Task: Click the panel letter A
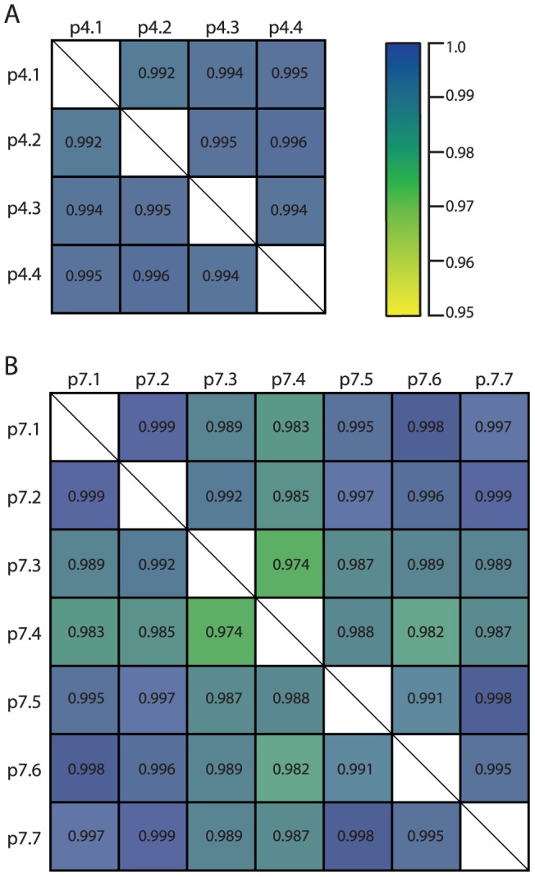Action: (11, 15)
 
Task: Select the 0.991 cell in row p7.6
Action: (358, 768)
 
